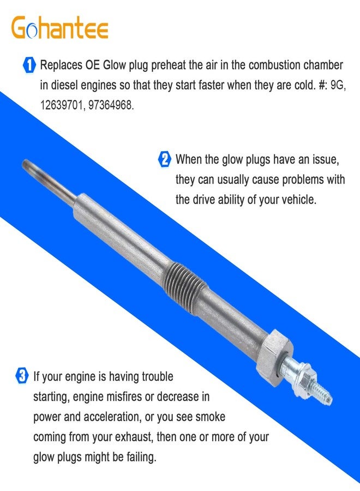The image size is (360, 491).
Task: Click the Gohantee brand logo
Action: (x=60, y=27)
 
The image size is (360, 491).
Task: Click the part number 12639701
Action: (x=62, y=105)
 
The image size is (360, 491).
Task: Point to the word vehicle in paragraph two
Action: (x=298, y=199)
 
